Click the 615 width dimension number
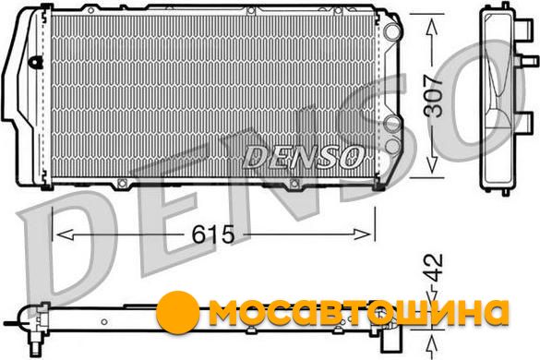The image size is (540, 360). click(x=213, y=234)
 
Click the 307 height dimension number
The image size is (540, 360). click(x=433, y=96)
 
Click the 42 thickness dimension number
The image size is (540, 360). click(x=433, y=269)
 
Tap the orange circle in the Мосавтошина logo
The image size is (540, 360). click(x=178, y=312)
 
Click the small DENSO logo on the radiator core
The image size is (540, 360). click(x=303, y=157)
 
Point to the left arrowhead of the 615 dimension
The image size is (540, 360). click(x=65, y=234)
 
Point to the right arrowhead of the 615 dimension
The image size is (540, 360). click(x=362, y=234)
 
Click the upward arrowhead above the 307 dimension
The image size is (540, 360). click(x=432, y=28)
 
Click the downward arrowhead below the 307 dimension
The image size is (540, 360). click(x=432, y=164)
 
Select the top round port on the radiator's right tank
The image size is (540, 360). click(x=392, y=31)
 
